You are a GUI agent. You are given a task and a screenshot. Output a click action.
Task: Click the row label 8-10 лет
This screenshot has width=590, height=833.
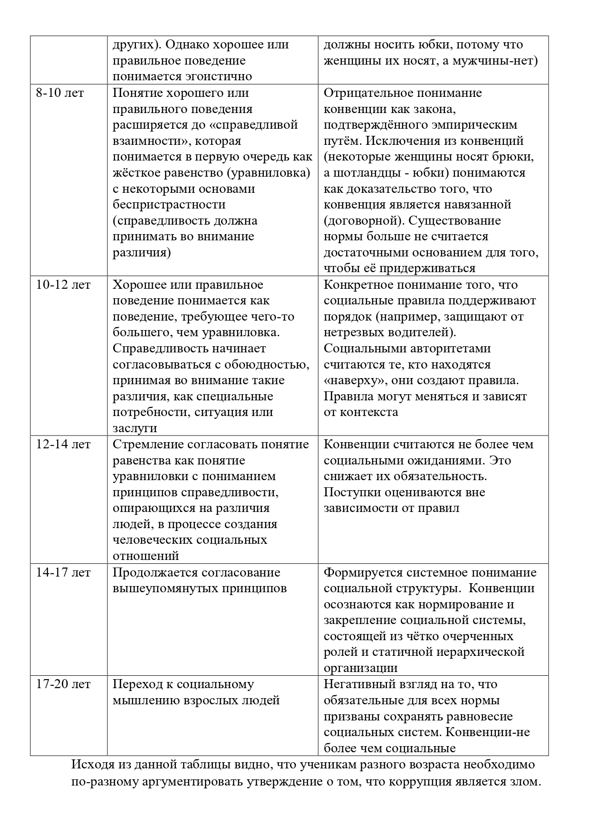60,93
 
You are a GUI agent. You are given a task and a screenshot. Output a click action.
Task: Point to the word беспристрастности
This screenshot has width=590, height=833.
169,205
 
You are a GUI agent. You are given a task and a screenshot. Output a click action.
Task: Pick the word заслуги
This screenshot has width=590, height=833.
135,428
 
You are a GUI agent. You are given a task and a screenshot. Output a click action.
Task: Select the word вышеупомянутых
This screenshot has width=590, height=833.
165,588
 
